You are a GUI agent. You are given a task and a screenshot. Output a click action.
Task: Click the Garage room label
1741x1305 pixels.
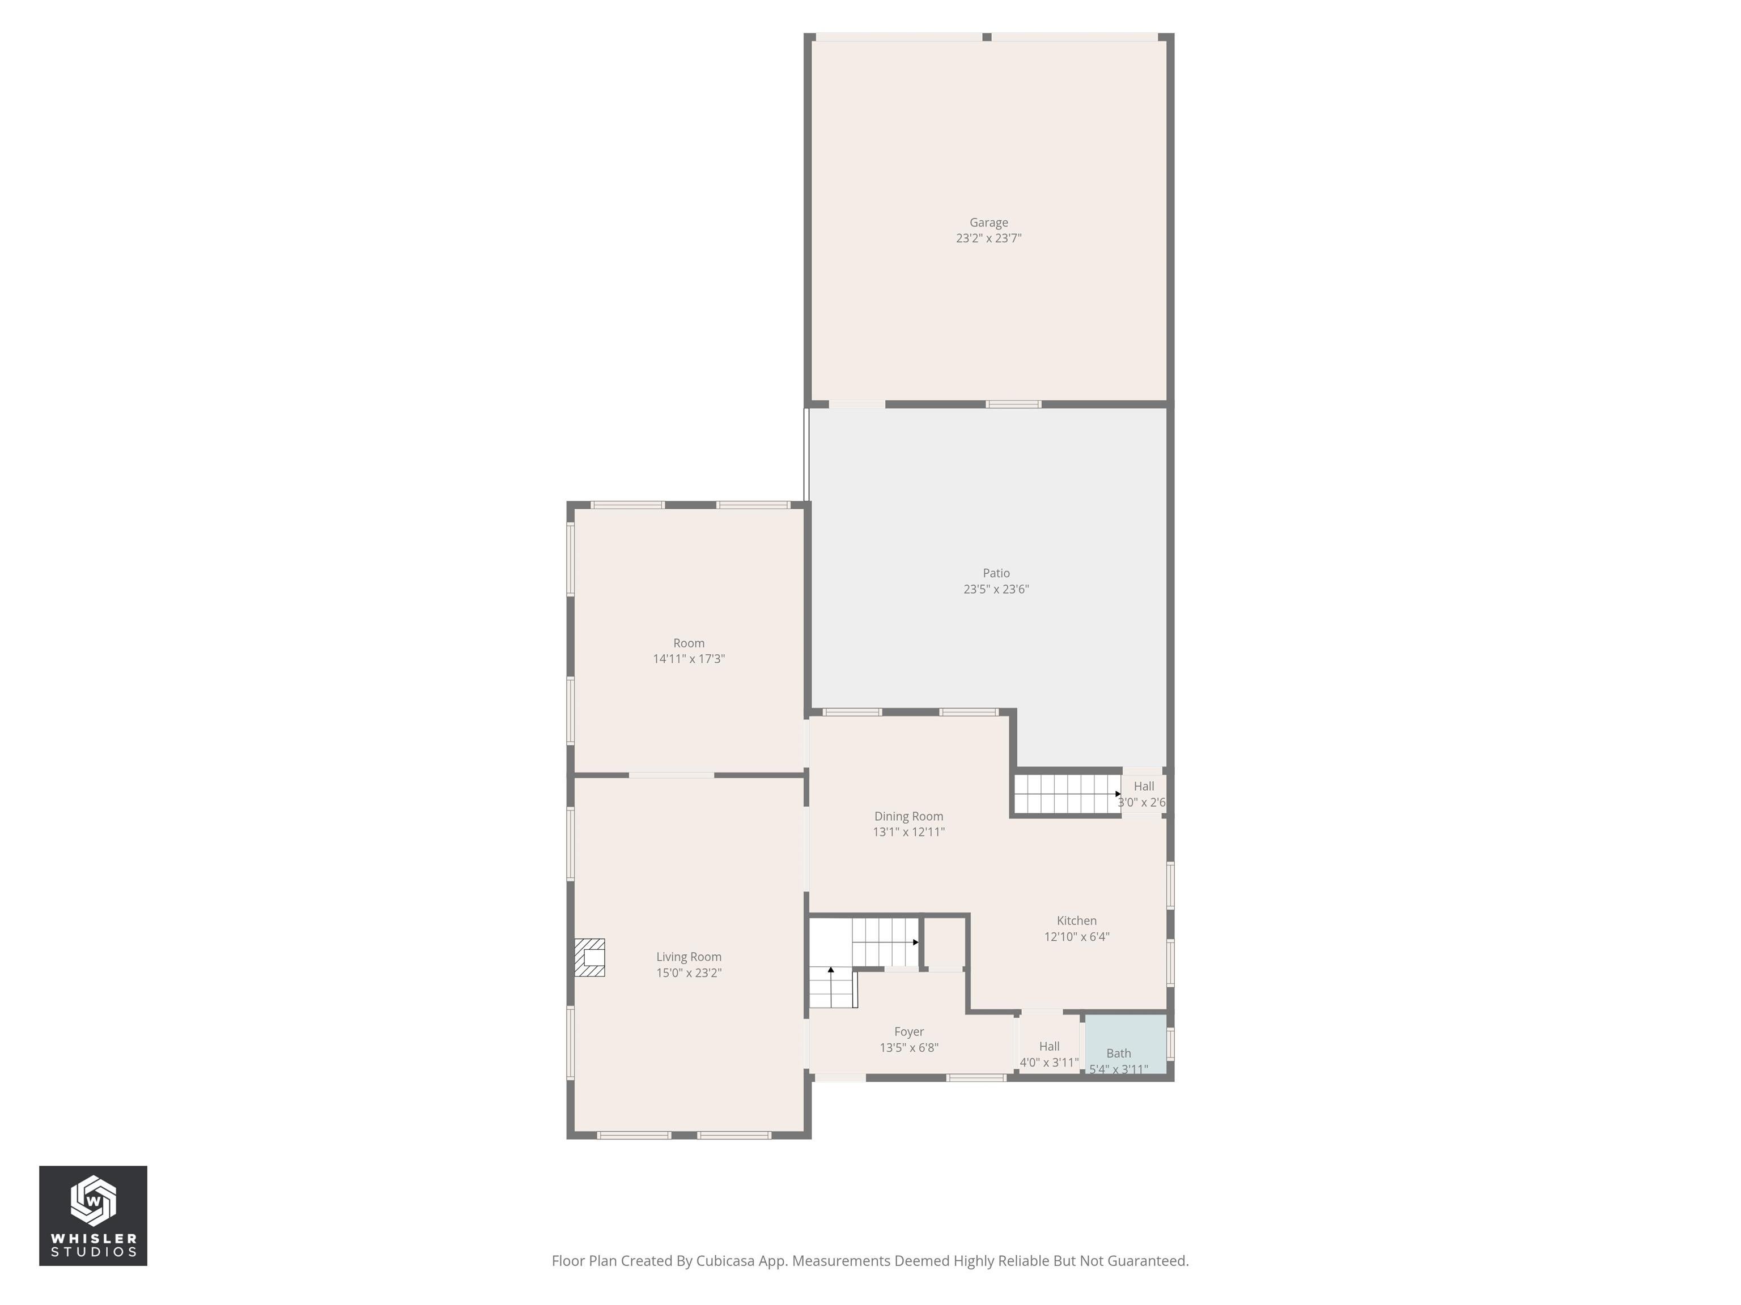tap(988, 223)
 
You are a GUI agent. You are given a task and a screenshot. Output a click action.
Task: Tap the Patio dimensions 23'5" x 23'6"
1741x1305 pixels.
tap(996, 589)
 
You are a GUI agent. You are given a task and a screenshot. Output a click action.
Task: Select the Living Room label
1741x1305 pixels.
tap(689, 957)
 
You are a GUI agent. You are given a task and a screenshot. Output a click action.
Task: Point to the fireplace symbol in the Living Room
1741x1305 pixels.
tap(589, 957)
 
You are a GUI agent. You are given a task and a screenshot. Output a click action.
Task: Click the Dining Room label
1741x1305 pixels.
tap(908, 817)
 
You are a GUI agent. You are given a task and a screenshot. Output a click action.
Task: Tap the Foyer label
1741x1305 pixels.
tap(908, 1031)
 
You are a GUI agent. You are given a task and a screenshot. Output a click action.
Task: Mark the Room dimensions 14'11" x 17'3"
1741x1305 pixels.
tap(689, 659)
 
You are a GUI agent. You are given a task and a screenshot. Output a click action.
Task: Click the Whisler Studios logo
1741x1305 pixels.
tap(93, 1216)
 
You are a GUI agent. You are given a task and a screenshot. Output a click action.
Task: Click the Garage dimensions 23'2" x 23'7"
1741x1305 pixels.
tap(988, 238)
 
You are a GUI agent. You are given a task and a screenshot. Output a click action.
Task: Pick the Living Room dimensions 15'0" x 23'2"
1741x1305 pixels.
tap(689, 973)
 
